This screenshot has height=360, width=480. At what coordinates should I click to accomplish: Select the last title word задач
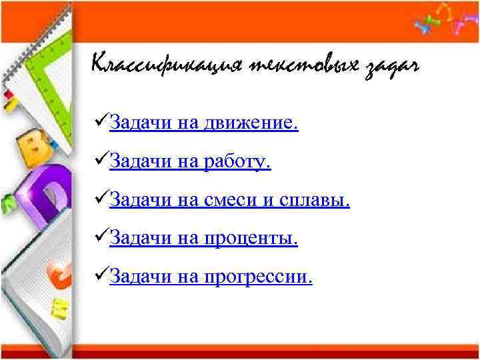coord(393,67)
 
